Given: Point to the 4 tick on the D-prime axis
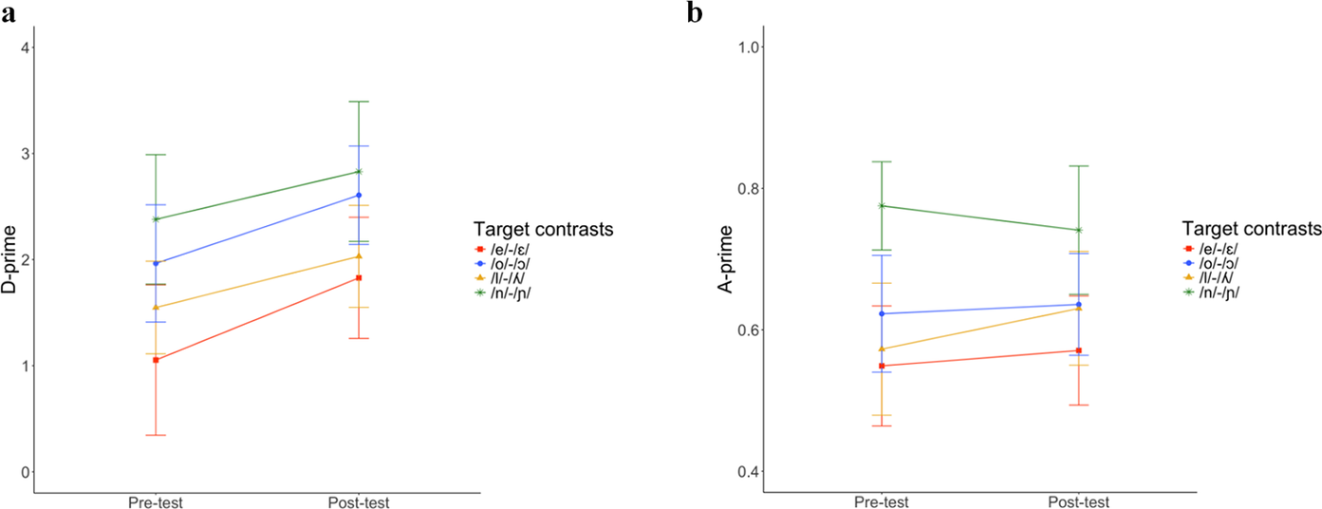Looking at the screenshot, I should coord(23,47).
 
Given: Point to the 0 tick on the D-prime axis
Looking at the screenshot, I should coord(23,472).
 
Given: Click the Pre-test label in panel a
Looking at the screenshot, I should coord(156,502).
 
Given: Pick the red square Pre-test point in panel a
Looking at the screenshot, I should coord(156,360).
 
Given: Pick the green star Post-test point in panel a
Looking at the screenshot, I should coord(359,172).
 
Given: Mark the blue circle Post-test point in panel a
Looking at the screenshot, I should coord(359,196).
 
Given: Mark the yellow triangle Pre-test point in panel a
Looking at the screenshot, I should coord(156,307).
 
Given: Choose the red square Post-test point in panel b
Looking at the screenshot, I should coord(1080,350).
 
